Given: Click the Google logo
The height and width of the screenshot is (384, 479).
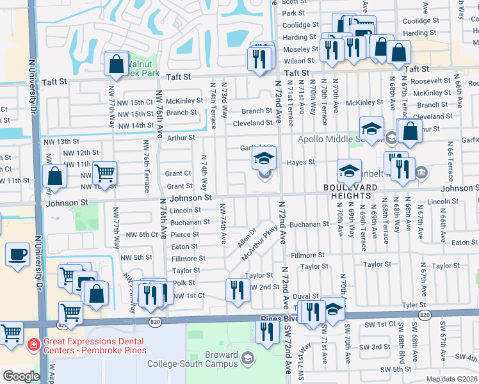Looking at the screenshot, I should click(x=20, y=376).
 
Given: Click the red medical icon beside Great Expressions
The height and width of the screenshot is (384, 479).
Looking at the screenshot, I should click(x=33, y=345).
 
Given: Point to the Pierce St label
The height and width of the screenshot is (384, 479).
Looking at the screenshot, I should click(x=184, y=235).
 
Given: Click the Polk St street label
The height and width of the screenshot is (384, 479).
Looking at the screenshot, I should click(x=183, y=283).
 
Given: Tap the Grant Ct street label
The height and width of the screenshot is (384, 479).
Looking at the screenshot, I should click(x=179, y=173).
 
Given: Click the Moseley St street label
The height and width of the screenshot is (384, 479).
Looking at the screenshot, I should click(x=301, y=49).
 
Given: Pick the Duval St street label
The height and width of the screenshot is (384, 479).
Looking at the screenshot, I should click(x=306, y=297).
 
